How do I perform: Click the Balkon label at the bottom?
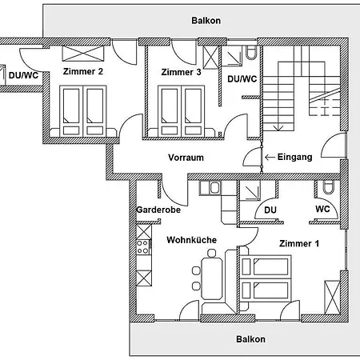click(x=250, y=339)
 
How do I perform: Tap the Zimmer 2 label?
click(x=83, y=71)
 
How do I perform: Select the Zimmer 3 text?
click(x=181, y=72)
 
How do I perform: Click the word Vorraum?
click(x=186, y=158)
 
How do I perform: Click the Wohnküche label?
click(x=191, y=239)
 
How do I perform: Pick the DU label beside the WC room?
click(x=270, y=210)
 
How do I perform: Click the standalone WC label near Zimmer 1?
click(x=322, y=210)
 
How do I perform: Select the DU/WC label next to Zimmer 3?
click(x=242, y=78)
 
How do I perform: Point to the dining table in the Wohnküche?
click(x=213, y=276)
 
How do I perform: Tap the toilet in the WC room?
click(x=328, y=187)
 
